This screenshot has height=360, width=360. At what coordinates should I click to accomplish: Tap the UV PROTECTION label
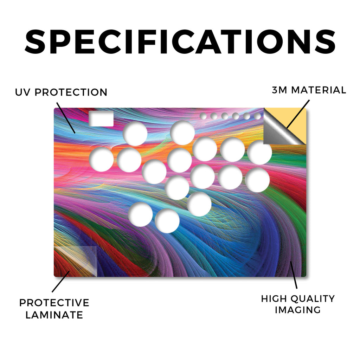61,92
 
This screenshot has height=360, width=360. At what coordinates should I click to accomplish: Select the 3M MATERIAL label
309,90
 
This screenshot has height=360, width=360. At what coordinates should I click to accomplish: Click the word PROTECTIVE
54,303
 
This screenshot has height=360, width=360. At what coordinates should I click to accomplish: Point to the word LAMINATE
54,315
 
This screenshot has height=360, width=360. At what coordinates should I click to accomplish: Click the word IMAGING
298,310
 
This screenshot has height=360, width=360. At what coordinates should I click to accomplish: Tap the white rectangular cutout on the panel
101,119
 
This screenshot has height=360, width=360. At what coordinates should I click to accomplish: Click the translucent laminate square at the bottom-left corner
76,262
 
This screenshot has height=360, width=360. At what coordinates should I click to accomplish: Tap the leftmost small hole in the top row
203,116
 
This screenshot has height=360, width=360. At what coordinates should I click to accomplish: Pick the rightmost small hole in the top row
257,116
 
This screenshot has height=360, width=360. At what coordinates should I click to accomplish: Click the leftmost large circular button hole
101,160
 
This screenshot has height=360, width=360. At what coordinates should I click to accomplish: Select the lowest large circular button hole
167,221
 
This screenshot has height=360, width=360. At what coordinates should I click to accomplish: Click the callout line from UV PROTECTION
66,118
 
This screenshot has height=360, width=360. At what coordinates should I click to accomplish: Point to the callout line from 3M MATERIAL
298,114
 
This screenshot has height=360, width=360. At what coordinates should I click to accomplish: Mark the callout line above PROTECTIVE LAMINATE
60,282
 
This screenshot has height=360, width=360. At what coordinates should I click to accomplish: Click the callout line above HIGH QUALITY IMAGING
294,275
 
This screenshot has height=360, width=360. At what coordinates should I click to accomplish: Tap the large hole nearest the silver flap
260,153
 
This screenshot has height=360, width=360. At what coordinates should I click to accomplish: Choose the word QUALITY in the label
313,299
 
